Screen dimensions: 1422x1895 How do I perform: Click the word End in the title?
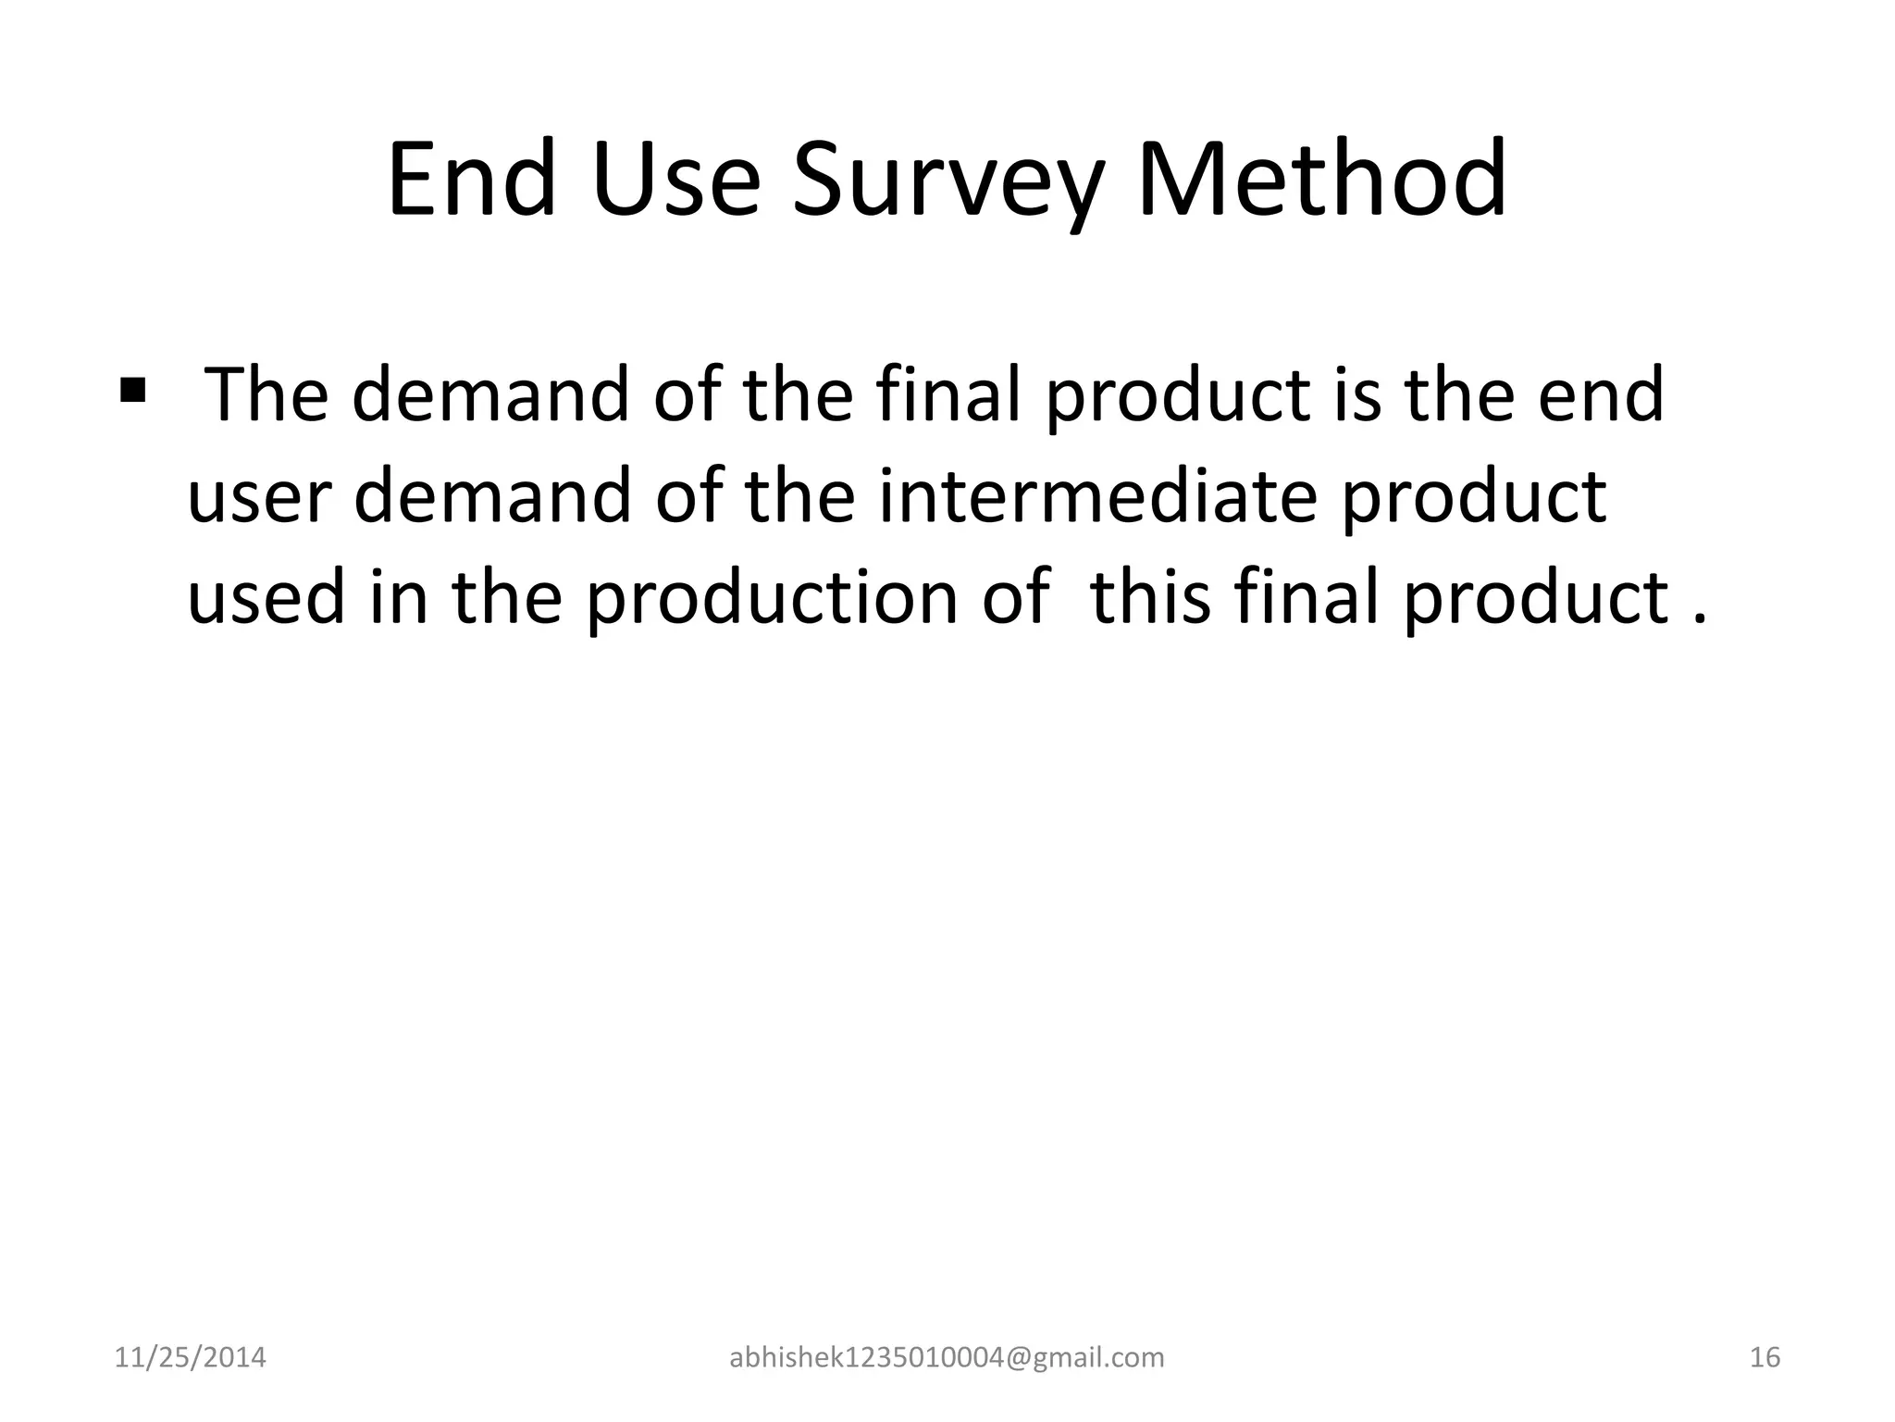tap(472, 180)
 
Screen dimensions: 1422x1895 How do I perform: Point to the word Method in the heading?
tap(1321, 180)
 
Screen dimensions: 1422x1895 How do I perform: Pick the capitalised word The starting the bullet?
tap(266, 395)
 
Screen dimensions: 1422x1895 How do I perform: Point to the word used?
tap(266, 597)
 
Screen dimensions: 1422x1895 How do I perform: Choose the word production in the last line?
tap(773, 597)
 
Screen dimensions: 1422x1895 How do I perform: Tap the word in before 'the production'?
tap(399, 597)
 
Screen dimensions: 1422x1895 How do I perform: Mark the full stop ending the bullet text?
tap(1698, 618)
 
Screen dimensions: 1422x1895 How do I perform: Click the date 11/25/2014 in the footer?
tap(190, 1357)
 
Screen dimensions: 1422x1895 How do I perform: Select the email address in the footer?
tap(947, 1357)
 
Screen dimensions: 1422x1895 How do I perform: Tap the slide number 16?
tap(1765, 1357)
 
